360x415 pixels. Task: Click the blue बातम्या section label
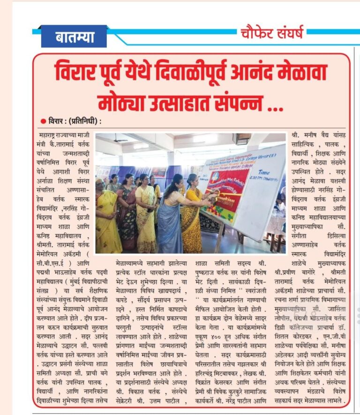tap(74, 37)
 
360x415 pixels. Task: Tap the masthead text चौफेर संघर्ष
tap(272, 33)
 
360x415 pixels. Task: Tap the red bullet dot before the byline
tap(44, 121)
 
